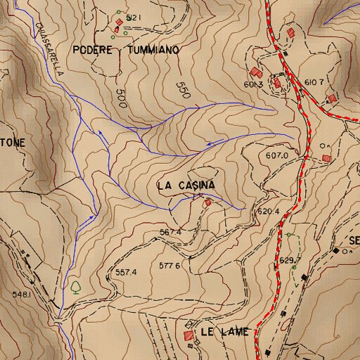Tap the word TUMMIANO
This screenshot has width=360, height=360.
153,51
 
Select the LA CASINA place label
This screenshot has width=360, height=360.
186,185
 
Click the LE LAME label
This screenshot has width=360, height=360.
224,332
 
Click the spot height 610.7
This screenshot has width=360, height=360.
314,82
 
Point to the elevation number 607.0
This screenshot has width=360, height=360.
278,155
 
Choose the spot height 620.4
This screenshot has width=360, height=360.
269,211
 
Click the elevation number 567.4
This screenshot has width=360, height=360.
171,231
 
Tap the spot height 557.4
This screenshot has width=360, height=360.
125,271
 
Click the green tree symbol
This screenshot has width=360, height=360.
75,287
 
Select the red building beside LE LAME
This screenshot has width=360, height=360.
188,336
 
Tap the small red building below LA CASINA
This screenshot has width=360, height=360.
207,203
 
